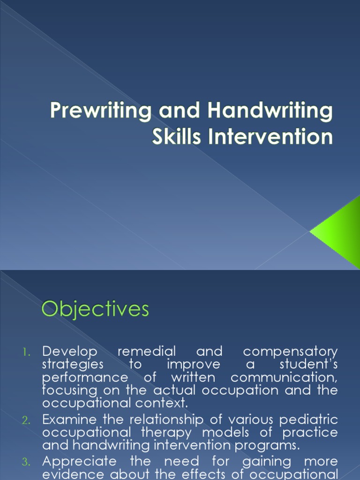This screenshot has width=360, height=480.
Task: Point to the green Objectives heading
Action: [95, 310]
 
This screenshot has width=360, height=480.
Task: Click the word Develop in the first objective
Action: [70, 351]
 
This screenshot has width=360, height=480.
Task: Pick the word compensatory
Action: [290, 351]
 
